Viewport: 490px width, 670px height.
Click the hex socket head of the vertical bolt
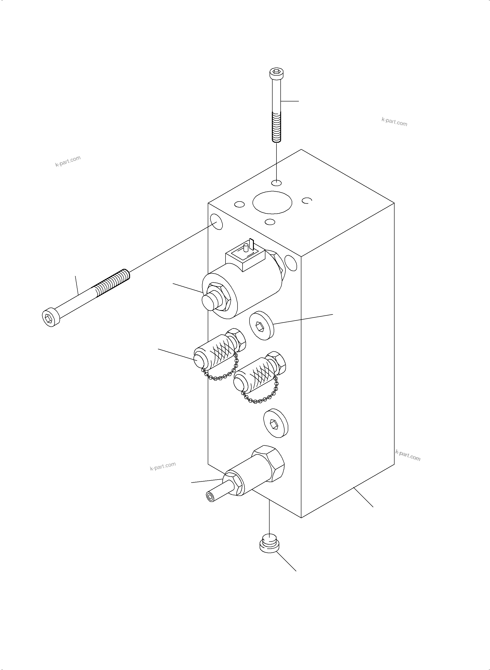tap(276, 72)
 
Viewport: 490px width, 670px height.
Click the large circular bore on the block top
tap(272, 202)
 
